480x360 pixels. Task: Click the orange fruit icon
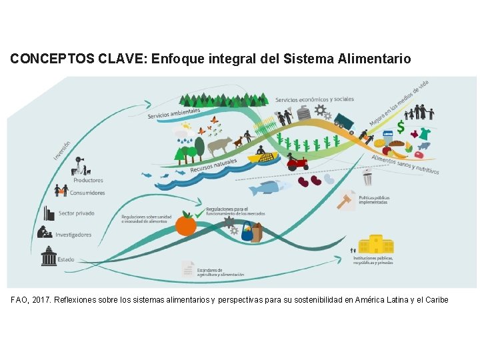(x=185, y=225)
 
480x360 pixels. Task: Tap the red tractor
(x=297, y=162)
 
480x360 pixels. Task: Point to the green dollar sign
(x=401, y=127)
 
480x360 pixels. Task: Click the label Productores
(x=88, y=180)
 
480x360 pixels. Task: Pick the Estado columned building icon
(x=49, y=257)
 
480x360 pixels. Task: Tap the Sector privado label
(x=76, y=213)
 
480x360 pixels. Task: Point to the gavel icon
(x=347, y=200)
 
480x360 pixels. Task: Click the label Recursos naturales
(x=213, y=165)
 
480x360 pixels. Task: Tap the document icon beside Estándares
(x=188, y=269)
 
